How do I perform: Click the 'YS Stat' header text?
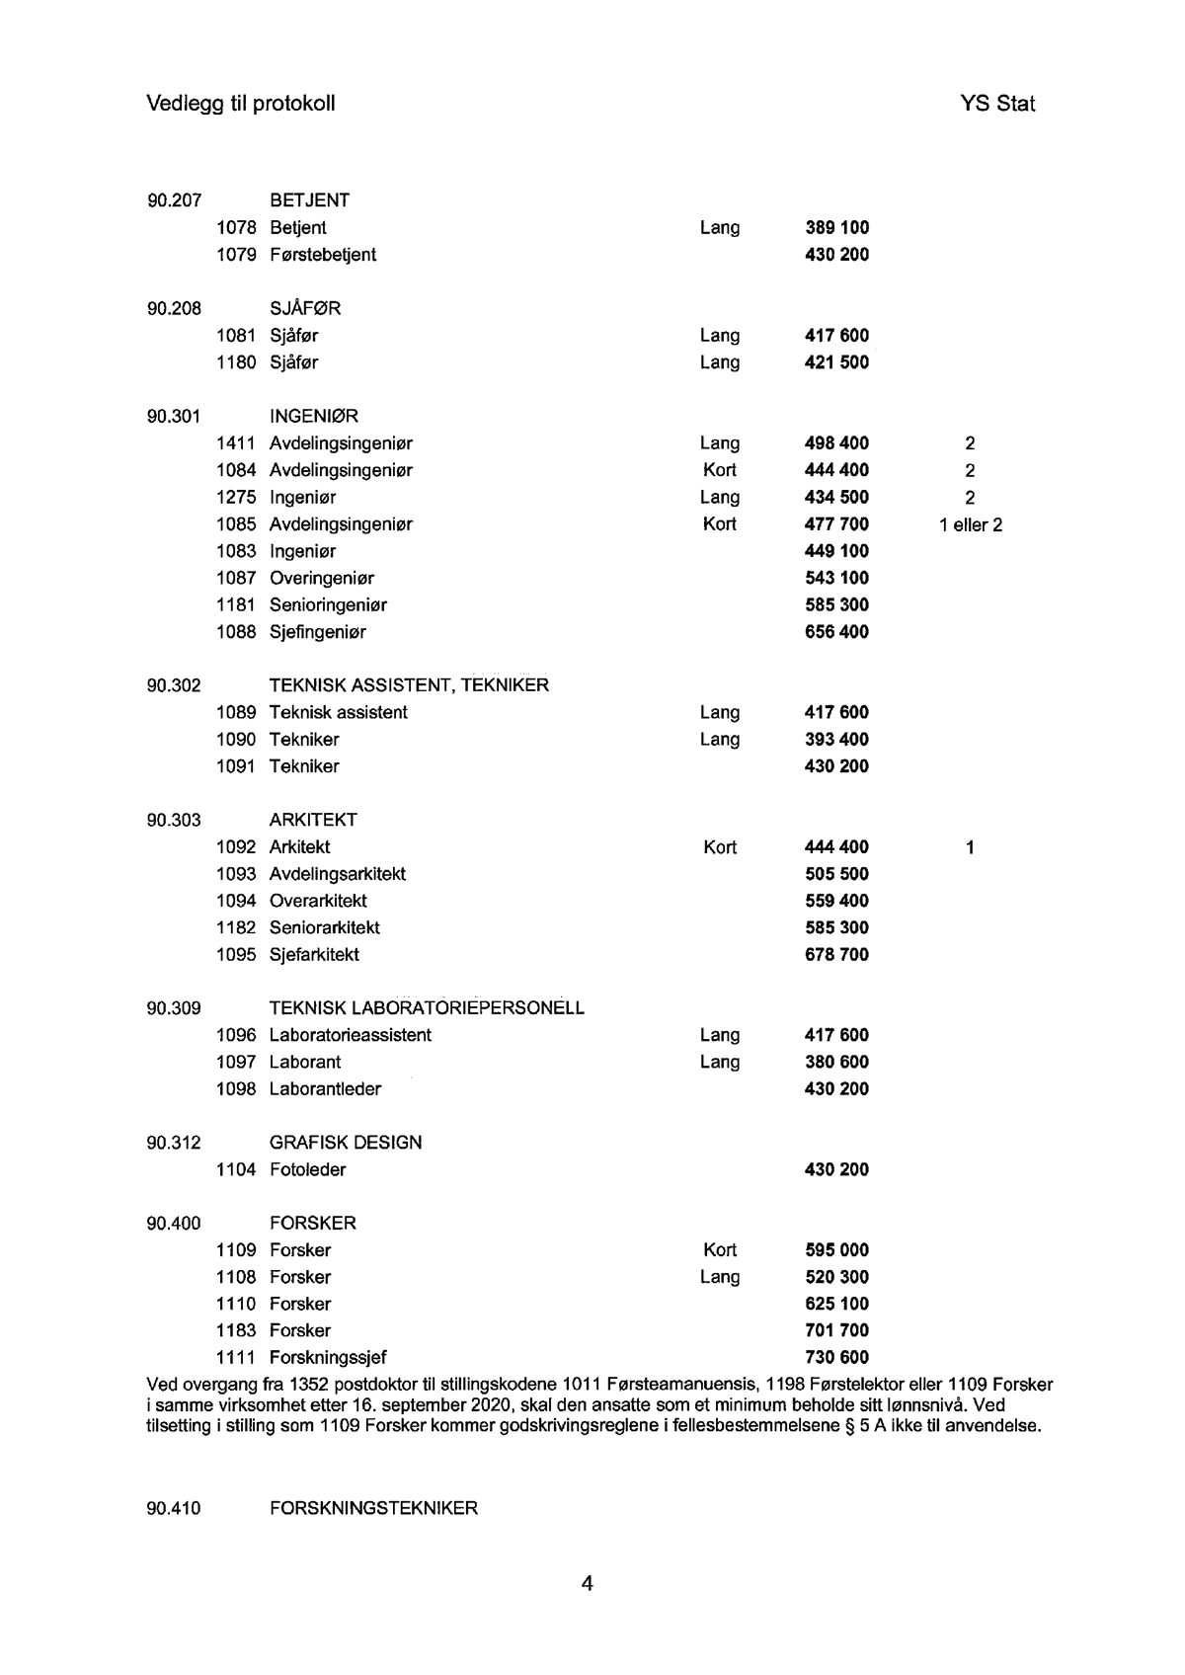[x=996, y=104]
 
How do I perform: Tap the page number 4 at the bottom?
[x=588, y=1585]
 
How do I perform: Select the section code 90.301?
[x=174, y=417]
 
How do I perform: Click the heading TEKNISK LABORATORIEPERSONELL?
[x=427, y=1008]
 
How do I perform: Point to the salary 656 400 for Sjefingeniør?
[x=837, y=632]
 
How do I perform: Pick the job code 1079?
[x=236, y=255]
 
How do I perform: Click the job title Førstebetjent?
[x=322, y=255]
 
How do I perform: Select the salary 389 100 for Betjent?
[x=837, y=228]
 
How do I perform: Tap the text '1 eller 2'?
[x=971, y=524]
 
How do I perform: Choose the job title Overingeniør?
[x=321, y=579]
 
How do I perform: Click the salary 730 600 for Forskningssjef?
[x=837, y=1358]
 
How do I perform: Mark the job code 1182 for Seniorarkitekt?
[x=236, y=928]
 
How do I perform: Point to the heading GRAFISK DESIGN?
[x=346, y=1143]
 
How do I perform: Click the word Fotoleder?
[x=307, y=1170]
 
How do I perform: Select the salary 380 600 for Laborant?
[x=837, y=1063]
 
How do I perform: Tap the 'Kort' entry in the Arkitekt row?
[x=720, y=847]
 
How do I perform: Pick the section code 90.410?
[x=174, y=1509]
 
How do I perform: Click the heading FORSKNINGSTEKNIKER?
[x=373, y=1509]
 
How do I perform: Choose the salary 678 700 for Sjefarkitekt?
[x=837, y=955]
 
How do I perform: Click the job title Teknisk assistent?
[x=338, y=713]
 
